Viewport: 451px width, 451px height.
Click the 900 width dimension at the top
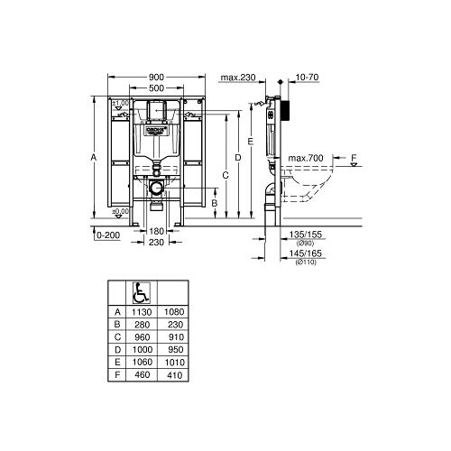[157, 78]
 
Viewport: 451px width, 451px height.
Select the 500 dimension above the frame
[157, 88]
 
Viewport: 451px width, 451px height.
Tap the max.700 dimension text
[306, 159]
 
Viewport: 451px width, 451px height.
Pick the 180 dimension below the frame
[156, 232]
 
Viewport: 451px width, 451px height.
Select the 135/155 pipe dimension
[302, 235]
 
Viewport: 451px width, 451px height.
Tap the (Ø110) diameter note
[302, 264]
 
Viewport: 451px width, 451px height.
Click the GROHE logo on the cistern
[156, 130]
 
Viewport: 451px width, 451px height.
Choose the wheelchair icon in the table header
[142, 292]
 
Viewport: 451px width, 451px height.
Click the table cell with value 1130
[141, 311]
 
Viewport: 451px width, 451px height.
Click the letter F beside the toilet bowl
[354, 159]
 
